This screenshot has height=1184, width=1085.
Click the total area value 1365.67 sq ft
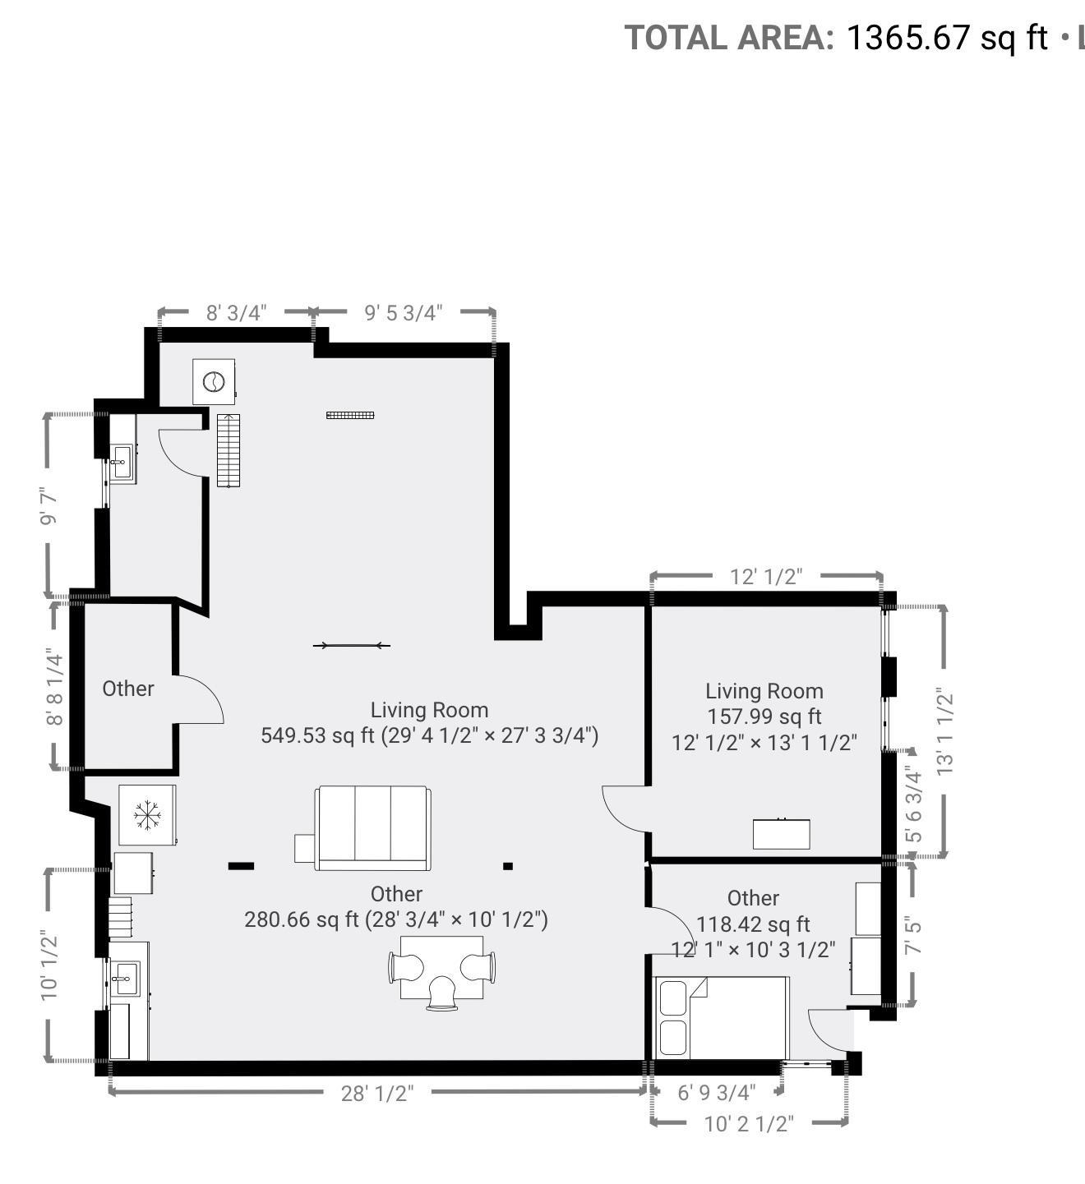coord(947,38)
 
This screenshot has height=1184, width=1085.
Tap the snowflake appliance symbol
coord(147,815)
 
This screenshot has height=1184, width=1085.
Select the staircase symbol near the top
coord(229,450)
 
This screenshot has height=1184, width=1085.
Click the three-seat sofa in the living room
coord(372,828)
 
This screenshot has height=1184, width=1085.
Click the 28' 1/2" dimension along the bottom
coord(376,1093)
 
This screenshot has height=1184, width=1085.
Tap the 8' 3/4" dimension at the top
coord(236,312)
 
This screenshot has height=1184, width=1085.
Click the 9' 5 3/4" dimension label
coord(403,312)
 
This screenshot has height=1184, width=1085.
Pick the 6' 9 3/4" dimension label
coord(716,1093)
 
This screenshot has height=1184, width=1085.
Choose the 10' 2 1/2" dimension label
coord(748,1123)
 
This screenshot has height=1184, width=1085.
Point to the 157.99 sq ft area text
coord(764,716)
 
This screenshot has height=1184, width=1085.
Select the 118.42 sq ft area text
coord(753,924)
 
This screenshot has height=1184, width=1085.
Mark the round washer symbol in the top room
coord(214,381)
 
